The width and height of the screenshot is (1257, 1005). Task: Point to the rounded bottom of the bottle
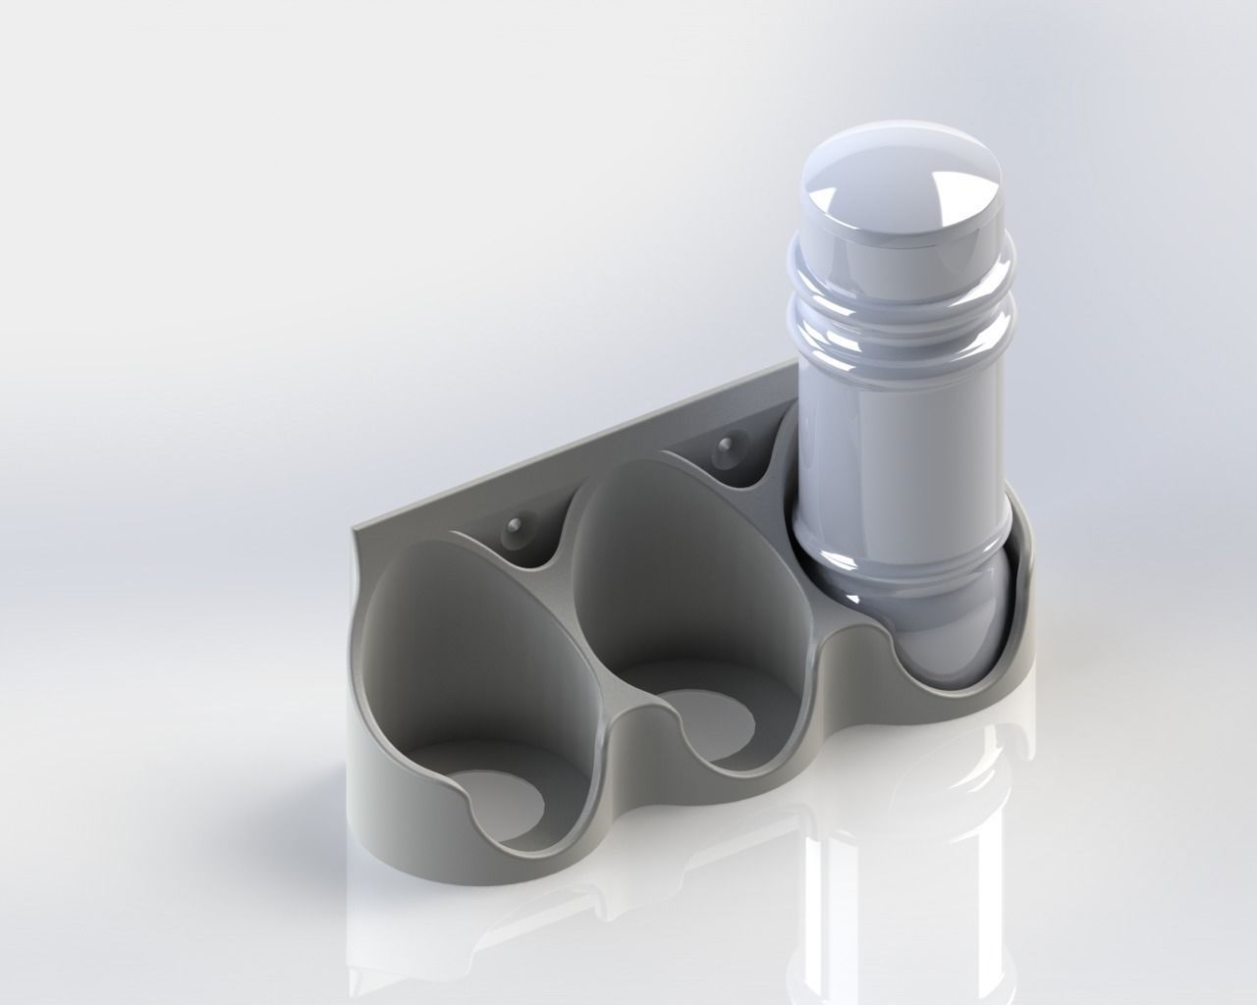[x=943, y=638]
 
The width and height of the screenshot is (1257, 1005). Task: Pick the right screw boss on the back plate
[x=728, y=450]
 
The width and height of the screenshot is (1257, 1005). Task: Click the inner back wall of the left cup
[x=442, y=638]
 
